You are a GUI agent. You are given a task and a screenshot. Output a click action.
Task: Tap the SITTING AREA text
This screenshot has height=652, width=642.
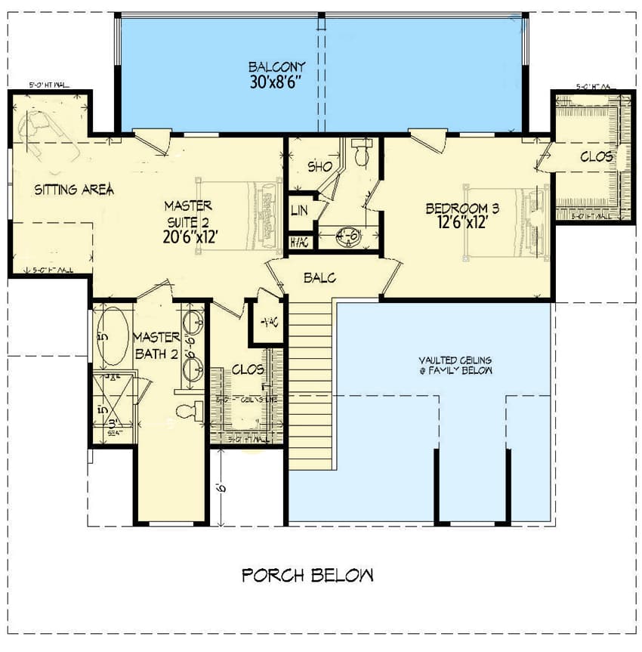coord(74,190)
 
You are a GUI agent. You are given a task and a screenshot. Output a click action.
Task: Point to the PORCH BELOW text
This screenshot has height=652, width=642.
coord(307,576)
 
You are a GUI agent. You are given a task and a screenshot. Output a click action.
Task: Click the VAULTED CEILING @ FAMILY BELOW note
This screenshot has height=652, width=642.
coord(456,366)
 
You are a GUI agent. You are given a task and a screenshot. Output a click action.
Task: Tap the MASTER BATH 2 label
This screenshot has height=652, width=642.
coord(156,345)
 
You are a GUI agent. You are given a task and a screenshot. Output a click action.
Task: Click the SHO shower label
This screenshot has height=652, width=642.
coord(319,166)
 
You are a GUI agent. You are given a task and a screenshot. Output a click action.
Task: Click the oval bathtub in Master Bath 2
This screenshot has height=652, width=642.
coord(113,337)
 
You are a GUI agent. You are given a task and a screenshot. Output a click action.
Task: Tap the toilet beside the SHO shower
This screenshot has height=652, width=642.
coord(363,154)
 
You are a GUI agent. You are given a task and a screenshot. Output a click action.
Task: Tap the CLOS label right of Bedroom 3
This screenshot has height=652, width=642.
coord(597,157)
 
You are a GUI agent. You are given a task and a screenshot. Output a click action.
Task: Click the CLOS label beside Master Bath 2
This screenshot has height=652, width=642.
coord(248,370)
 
